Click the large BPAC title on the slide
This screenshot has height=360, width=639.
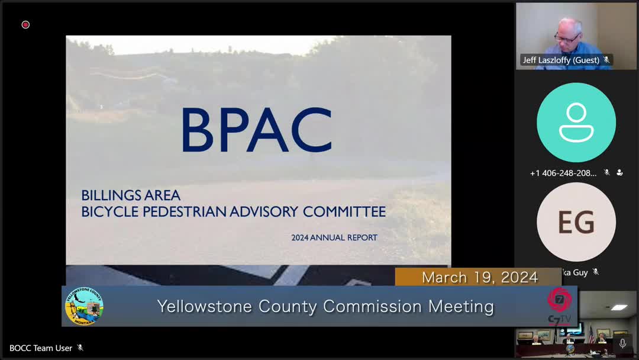click(x=256, y=130)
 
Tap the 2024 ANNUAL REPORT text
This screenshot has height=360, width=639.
click(x=334, y=238)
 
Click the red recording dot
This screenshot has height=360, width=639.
click(x=25, y=24)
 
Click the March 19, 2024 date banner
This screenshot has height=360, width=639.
click(x=479, y=277)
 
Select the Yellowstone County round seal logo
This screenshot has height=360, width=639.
click(x=84, y=307)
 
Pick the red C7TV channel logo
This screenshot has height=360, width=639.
click(x=559, y=300)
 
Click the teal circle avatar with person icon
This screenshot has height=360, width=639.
click(x=576, y=123)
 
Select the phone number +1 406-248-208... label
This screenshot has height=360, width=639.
click(x=563, y=173)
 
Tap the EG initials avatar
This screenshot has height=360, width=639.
click(x=576, y=222)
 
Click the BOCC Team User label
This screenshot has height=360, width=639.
click(x=41, y=348)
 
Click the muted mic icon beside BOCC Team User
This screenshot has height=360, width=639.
click(x=80, y=348)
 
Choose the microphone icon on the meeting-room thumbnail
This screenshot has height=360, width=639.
click(x=622, y=343)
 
